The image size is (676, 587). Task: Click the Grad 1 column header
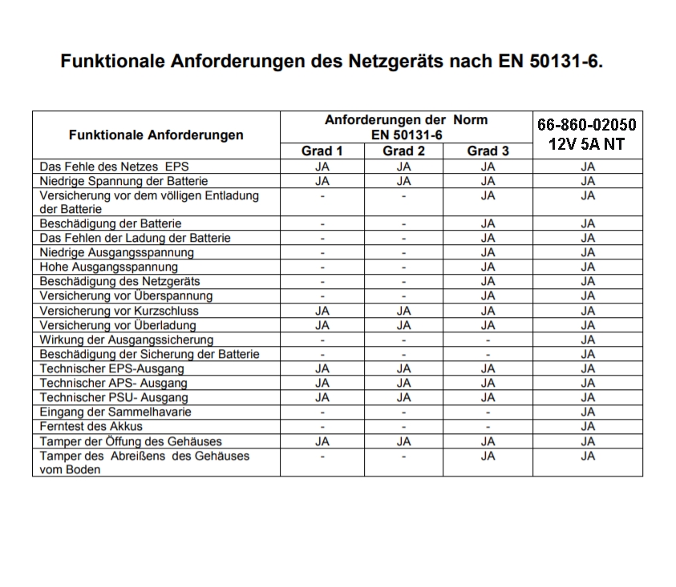pyautogui.click(x=322, y=151)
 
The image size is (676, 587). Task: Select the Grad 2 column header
pyautogui.click(x=403, y=151)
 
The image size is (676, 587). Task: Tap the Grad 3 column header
pyautogui.click(x=488, y=151)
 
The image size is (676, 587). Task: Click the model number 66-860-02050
pyautogui.click(x=587, y=125)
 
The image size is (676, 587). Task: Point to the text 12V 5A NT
pyautogui.click(x=587, y=144)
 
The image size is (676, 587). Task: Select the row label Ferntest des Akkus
pyautogui.click(x=91, y=426)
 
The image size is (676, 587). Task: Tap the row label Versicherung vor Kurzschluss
pyautogui.click(x=119, y=311)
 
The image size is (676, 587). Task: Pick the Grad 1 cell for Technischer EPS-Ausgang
pyautogui.click(x=322, y=368)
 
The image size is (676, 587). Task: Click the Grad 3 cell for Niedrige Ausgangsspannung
pyautogui.click(x=488, y=252)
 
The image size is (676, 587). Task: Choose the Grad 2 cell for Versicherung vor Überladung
pyautogui.click(x=403, y=325)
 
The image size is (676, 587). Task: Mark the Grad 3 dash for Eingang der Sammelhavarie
pyautogui.click(x=488, y=412)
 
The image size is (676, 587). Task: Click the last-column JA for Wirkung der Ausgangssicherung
pyautogui.click(x=588, y=340)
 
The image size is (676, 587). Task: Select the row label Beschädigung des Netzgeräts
pyautogui.click(x=120, y=281)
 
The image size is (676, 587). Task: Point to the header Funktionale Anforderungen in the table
pyautogui.click(x=156, y=135)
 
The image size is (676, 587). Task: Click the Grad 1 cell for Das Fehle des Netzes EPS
pyautogui.click(x=322, y=167)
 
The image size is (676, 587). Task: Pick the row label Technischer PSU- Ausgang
pyautogui.click(x=114, y=397)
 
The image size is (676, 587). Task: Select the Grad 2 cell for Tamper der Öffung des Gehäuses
pyautogui.click(x=403, y=441)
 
